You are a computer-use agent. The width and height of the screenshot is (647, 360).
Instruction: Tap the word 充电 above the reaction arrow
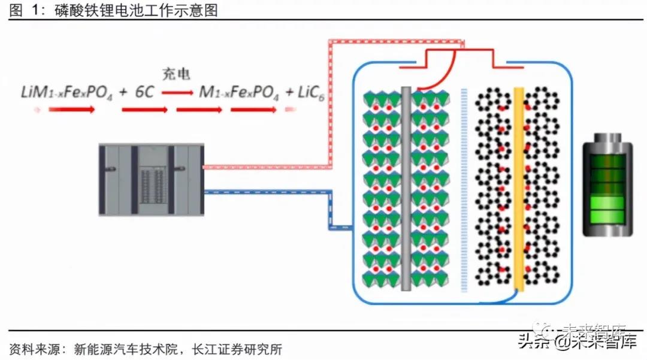176,74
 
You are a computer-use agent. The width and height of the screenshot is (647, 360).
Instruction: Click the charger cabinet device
151,180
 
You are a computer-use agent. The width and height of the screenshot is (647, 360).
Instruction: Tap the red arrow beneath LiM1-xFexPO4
71,110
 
